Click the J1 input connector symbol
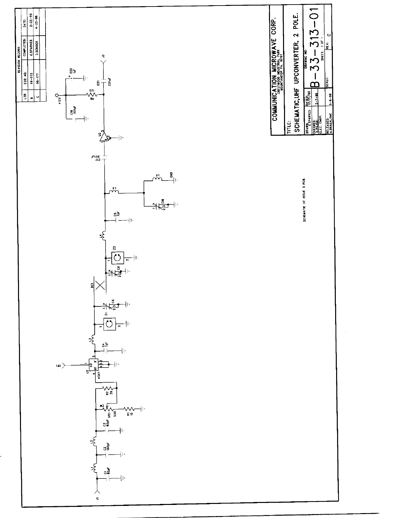[97, 492]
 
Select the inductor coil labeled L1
[94, 468]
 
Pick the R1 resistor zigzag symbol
[129, 408]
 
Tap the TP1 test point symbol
[64, 364]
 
